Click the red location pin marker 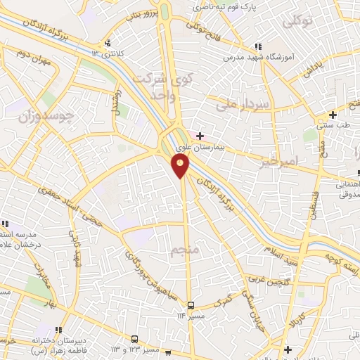181,165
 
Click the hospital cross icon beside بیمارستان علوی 200,135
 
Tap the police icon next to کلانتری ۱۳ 107,42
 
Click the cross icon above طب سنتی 333,115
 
